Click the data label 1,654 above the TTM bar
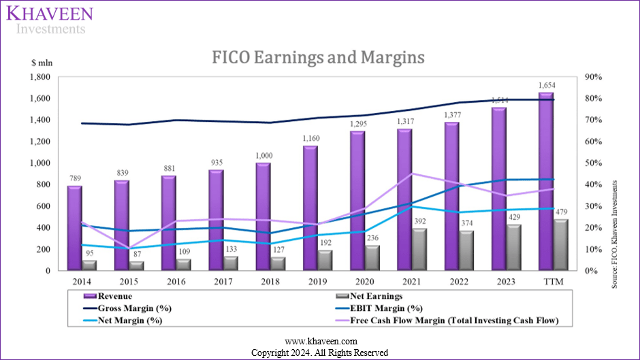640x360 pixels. coord(545,85)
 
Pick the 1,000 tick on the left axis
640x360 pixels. coord(38,163)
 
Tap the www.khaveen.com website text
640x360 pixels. coord(319,341)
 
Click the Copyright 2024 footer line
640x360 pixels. coord(319,353)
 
